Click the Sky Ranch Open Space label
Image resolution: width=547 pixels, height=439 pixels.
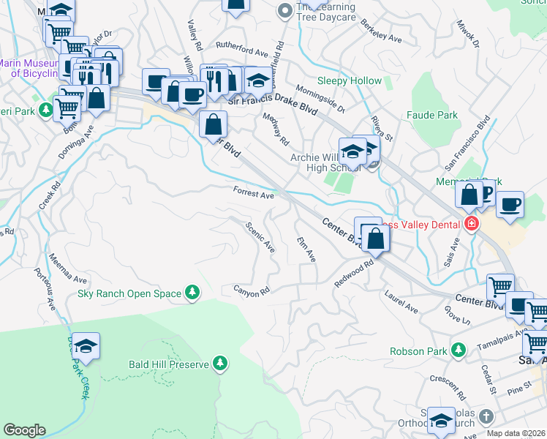click(129, 294)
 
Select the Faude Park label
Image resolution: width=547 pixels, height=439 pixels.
click(431, 115)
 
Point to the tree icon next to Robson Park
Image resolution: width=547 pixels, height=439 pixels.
click(458, 351)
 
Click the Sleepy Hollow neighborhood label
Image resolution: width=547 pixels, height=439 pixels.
click(349, 80)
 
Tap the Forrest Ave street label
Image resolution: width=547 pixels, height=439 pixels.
click(253, 193)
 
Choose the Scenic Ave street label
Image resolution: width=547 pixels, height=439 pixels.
click(261, 237)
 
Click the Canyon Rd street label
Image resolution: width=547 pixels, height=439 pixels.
click(252, 290)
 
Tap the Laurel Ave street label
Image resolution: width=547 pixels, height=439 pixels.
click(401, 301)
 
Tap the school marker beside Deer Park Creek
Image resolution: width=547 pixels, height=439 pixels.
click(86, 348)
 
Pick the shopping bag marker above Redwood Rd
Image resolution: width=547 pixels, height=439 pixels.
click(375, 239)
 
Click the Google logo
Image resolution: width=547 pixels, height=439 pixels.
click(24, 430)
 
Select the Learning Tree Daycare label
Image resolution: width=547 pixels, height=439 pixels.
click(325, 12)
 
